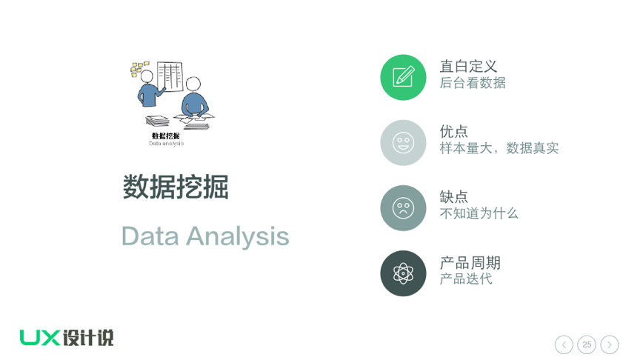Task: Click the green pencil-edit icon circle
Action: click(403, 77)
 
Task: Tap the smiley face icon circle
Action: click(403, 142)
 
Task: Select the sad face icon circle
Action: click(403, 207)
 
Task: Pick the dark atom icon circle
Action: click(403, 273)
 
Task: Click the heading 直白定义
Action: click(468, 66)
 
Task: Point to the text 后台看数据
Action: click(473, 83)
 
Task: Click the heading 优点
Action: click(453, 131)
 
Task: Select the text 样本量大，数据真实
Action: click(499, 148)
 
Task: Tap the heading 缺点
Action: click(453, 197)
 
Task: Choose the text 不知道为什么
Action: click(479, 213)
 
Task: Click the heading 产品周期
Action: click(470, 262)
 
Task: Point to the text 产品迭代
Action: click(466, 279)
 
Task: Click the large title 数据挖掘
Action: click(176, 187)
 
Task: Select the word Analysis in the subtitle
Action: click(238, 237)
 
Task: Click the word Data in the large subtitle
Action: click(150, 236)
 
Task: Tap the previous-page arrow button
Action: click(564, 344)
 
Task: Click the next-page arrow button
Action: click(610, 344)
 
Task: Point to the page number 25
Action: click(587, 344)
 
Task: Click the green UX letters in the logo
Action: click(40, 338)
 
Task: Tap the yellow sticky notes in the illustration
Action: click(139, 69)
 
